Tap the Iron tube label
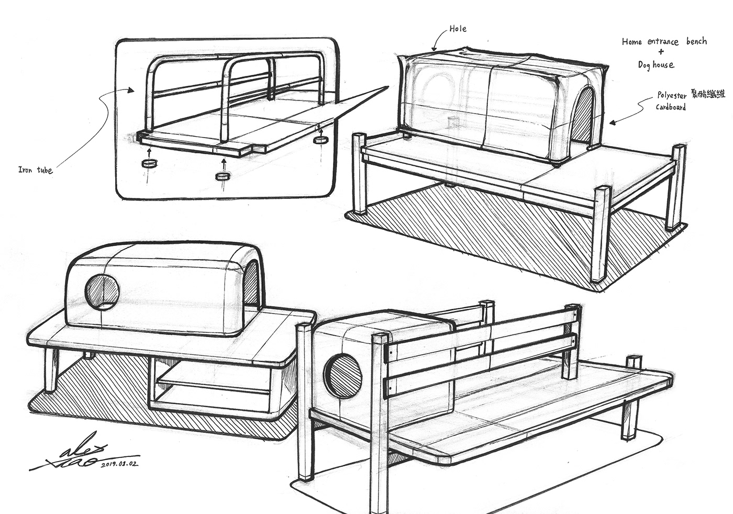click(x=36, y=170)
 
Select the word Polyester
click(x=673, y=96)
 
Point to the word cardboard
click(x=671, y=107)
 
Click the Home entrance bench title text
click(x=664, y=41)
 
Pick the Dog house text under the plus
click(x=656, y=65)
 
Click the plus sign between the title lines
click(x=661, y=53)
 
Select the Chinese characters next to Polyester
click(x=708, y=95)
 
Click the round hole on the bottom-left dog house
click(x=102, y=291)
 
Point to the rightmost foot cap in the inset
click(x=320, y=140)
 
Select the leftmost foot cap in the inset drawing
click(x=149, y=164)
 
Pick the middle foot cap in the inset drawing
click(x=223, y=176)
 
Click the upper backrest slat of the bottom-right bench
click(x=479, y=330)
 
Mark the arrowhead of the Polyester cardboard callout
click(x=613, y=122)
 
